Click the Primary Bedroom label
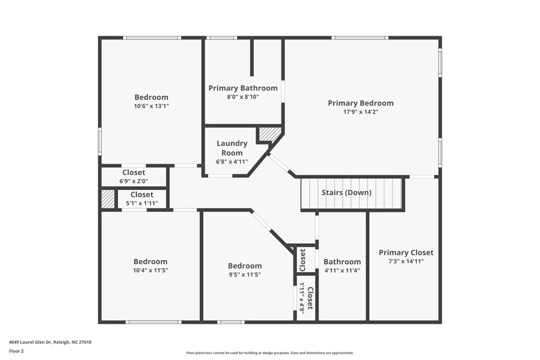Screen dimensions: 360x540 click(x=360, y=103)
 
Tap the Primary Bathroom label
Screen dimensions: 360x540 click(x=243, y=88)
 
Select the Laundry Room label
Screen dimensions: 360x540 click(x=232, y=148)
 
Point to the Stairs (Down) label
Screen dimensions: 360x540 click(x=346, y=192)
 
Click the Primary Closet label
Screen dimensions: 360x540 click(x=406, y=253)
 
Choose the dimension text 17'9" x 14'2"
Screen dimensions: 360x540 click(x=360, y=112)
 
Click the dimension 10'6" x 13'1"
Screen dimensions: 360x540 click(x=151, y=106)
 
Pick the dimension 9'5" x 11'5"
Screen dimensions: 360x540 click(x=244, y=275)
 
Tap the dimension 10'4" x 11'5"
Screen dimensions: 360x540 click(x=150, y=270)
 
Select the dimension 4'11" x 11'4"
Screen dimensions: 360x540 click(x=342, y=270)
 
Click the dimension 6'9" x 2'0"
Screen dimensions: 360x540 click(x=134, y=181)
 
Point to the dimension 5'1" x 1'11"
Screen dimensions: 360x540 click(x=142, y=203)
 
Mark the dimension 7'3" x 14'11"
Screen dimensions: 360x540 click(x=406, y=261)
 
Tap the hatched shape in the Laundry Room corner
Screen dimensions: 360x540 click(x=269, y=134)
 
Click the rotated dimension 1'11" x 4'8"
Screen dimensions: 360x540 click(x=302, y=297)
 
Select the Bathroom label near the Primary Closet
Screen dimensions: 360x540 click(x=342, y=262)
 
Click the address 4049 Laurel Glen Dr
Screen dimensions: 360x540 click(x=50, y=342)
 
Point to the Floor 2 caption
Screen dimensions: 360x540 click(x=16, y=351)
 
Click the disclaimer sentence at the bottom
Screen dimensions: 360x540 click(x=269, y=353)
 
